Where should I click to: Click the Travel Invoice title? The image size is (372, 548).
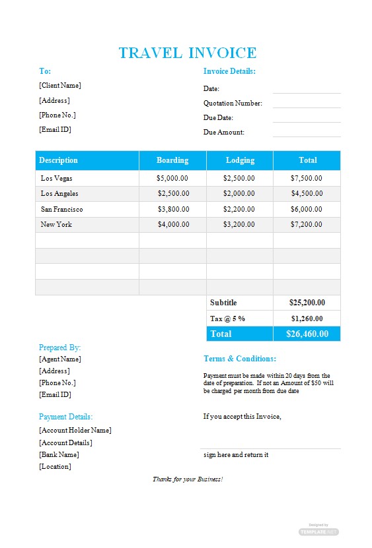(x=187, y=53)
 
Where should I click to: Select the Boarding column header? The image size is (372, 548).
(x=172, y=160)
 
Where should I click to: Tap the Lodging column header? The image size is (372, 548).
(x=240, y=160)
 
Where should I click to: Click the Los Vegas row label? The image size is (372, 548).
(x=57, y=178)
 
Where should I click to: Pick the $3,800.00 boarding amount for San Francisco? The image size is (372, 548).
(x=173, y=209)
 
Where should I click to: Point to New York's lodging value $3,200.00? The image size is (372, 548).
(x=239, y=224)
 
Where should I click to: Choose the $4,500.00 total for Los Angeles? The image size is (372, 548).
(x=307, y=193)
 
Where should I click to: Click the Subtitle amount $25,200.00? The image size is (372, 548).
(x=307, y=303)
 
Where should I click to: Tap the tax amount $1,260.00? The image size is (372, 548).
(x=307, y=319)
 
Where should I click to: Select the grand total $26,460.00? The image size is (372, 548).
(x=307, y=334)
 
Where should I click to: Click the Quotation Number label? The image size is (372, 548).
(x=233, y=103)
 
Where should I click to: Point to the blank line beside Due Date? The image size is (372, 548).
(x=307, y=119)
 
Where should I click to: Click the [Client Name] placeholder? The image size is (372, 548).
(x=60, y=85)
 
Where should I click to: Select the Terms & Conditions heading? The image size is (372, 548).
(x=240, y=359)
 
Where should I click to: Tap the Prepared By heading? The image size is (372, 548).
(x=60, y=348)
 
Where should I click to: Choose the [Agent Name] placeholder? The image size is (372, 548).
(x=60, y=359)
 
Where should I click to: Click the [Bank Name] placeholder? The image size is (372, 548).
(x=59, y=454)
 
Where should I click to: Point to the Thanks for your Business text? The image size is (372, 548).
(x=188, y=479)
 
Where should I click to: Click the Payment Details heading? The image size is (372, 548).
(x=65, y=417)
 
